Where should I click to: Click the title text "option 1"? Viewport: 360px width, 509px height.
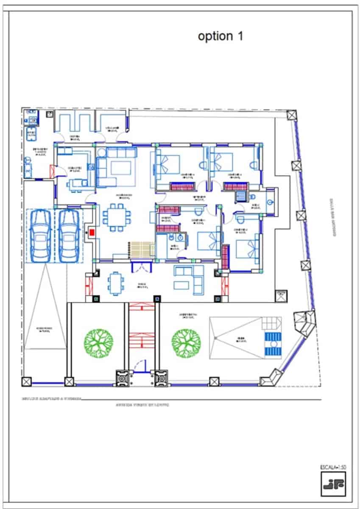[220, 36]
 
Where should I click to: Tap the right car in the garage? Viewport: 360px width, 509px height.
[69, 236]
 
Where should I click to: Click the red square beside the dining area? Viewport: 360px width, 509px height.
[92, 232]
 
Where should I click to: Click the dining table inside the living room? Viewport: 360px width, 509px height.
[115, 218]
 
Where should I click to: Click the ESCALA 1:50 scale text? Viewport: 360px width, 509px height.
[333, 467]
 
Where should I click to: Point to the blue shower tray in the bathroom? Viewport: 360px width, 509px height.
[241, 196]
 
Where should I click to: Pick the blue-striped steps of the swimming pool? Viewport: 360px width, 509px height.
[273, 344]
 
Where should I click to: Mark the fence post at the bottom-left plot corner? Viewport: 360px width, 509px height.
[27, 381]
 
